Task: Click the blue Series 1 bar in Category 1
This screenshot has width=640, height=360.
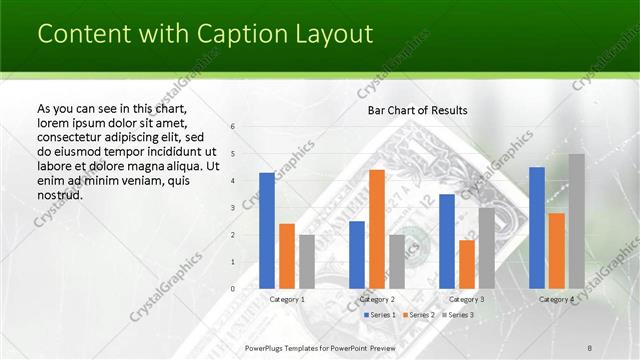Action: pos(267,231)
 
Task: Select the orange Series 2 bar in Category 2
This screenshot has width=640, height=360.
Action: pos(377,229)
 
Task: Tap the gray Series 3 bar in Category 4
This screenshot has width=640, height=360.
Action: pos(577,221)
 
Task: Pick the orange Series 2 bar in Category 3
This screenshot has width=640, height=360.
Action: pos(467,264)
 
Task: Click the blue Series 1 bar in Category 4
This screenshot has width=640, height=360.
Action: pos(537,228)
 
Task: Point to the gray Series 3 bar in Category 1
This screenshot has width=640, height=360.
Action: pos(307,262)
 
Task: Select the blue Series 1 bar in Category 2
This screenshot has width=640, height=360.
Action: pos(357,255)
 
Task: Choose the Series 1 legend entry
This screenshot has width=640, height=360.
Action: pos(380,315)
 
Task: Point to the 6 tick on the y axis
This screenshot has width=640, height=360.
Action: pos(232,127)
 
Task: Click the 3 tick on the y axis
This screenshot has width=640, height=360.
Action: pos(232,208)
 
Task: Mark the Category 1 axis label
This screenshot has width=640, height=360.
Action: pos(287,299)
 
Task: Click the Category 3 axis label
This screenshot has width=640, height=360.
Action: pos(467,299)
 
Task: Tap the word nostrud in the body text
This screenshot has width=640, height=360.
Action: pos(59,194)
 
